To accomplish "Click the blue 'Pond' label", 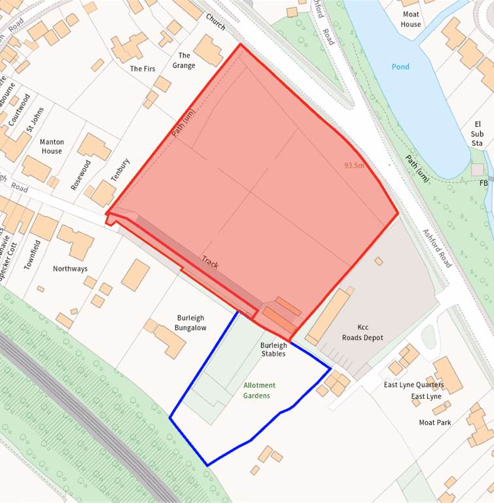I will coord(400,67).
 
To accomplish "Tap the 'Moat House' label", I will coord(411,19).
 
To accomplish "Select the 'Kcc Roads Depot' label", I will coord(362,332).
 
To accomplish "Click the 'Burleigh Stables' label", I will coord(273,349).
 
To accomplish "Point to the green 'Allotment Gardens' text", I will coord(259,390).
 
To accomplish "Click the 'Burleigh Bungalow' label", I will coord(191,322).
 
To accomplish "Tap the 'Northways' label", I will coord(70,268).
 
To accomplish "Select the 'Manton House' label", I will coord(52,146).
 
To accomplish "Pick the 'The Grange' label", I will coord(184,60).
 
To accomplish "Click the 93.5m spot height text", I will coord(354,165).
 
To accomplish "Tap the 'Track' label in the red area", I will coord(209,262).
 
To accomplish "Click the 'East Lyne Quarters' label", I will coord(414,385).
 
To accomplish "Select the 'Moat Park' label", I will coord(435,423).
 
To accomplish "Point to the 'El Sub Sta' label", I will coord(477,133).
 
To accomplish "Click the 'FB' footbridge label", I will coord(484,183).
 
